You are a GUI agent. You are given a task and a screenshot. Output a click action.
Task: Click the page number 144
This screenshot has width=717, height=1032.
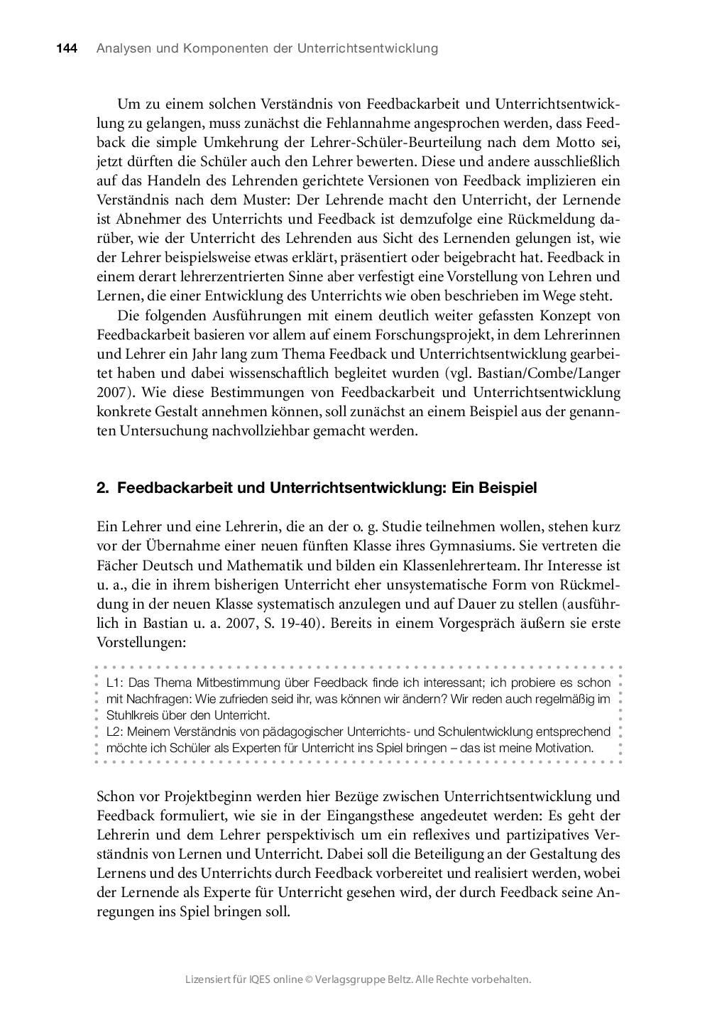[x=66, y=49]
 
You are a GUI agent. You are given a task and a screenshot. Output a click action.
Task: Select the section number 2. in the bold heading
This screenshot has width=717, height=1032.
[x=102, y=488]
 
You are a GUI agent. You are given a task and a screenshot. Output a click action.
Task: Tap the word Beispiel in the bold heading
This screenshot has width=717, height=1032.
[x=508, y=488]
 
